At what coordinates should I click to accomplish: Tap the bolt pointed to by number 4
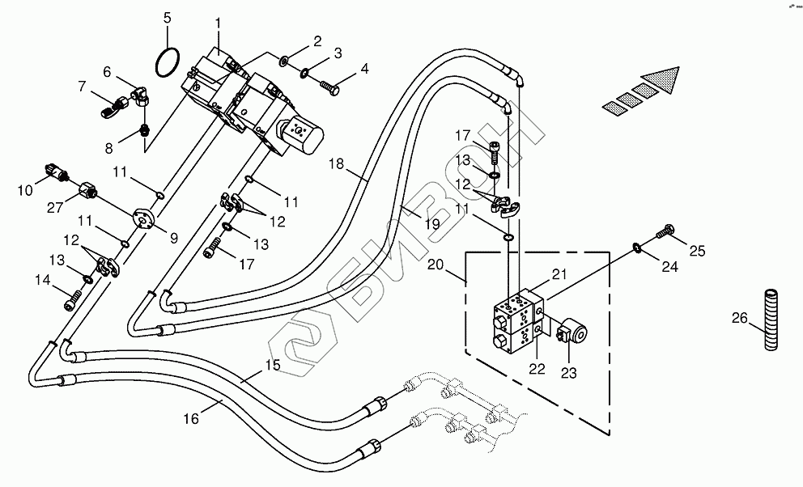pos(329,89)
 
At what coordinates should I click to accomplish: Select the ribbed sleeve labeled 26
pos(771,320)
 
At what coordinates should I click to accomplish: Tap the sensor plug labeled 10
pos(56,172)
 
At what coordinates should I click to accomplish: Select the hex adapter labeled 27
pos(88,192)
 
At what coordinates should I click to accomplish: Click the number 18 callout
pos(337,163)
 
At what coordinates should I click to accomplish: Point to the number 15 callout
pos(273,366)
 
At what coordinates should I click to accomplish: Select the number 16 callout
pos(190,419)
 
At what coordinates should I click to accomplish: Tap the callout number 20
pos(435,265)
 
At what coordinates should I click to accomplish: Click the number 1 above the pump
pos(219,23)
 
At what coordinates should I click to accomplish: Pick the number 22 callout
pos(537,368)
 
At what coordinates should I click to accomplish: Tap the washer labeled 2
pos(283,62)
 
